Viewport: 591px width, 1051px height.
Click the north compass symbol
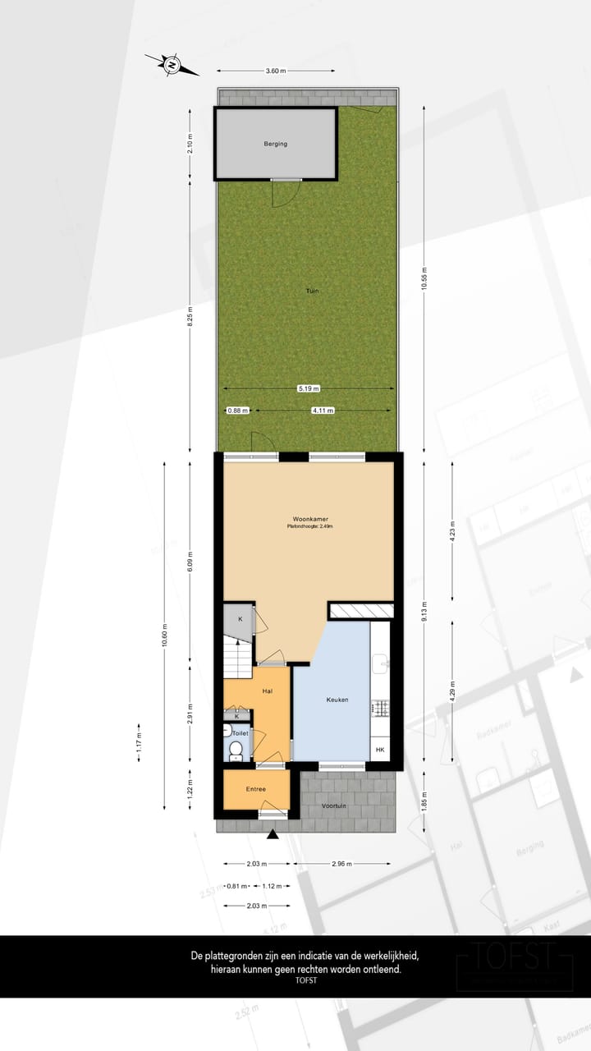(x=172, y=64)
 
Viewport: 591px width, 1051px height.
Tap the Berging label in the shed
(x=276, y=144)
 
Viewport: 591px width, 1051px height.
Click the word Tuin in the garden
(x=312, y=291)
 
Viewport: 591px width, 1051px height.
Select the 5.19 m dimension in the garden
(x=309, y=388)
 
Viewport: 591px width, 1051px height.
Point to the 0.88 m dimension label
(x=236, y=411)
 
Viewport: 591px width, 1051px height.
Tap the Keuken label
(x=337, y=700)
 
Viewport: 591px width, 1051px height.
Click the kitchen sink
(x=379, y=661)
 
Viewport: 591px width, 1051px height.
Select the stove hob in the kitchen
(x=379, y=707)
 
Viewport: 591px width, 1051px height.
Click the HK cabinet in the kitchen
(x=379, y=750)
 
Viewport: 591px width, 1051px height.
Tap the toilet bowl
(x=236, y=749)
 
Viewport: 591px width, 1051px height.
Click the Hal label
(x=268, y=691)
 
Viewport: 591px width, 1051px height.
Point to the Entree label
(x=255, y=789)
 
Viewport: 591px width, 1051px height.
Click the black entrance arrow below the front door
(x=273, y=835)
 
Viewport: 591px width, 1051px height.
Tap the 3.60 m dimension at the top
(x=276, y=71)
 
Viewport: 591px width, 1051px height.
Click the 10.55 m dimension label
(x=424, y=280)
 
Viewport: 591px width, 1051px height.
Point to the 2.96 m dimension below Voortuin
(x=343, y=864)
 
